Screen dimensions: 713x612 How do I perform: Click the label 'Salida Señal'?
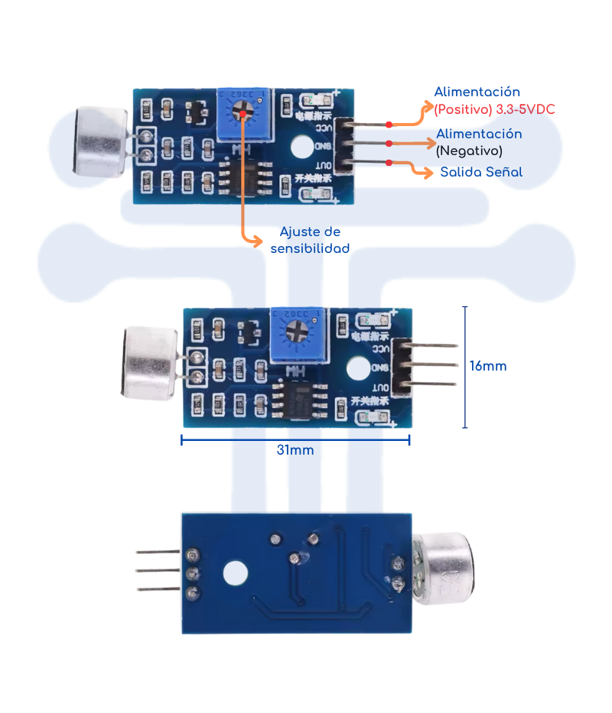481,172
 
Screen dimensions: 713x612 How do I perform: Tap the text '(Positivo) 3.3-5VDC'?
494,109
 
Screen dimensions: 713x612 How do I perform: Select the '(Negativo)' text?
469,151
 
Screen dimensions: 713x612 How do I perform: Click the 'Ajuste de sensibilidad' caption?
310,240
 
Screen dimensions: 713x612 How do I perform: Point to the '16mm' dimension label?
488,366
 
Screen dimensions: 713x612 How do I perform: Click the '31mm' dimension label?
295,450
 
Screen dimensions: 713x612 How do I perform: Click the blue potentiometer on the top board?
244,115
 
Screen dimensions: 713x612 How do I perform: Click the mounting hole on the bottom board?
236,572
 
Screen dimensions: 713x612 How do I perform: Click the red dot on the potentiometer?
243,115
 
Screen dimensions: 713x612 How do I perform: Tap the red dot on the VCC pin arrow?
389,125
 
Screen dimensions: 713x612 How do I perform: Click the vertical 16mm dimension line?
465,367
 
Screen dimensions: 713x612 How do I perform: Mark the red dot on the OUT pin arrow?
389,162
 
